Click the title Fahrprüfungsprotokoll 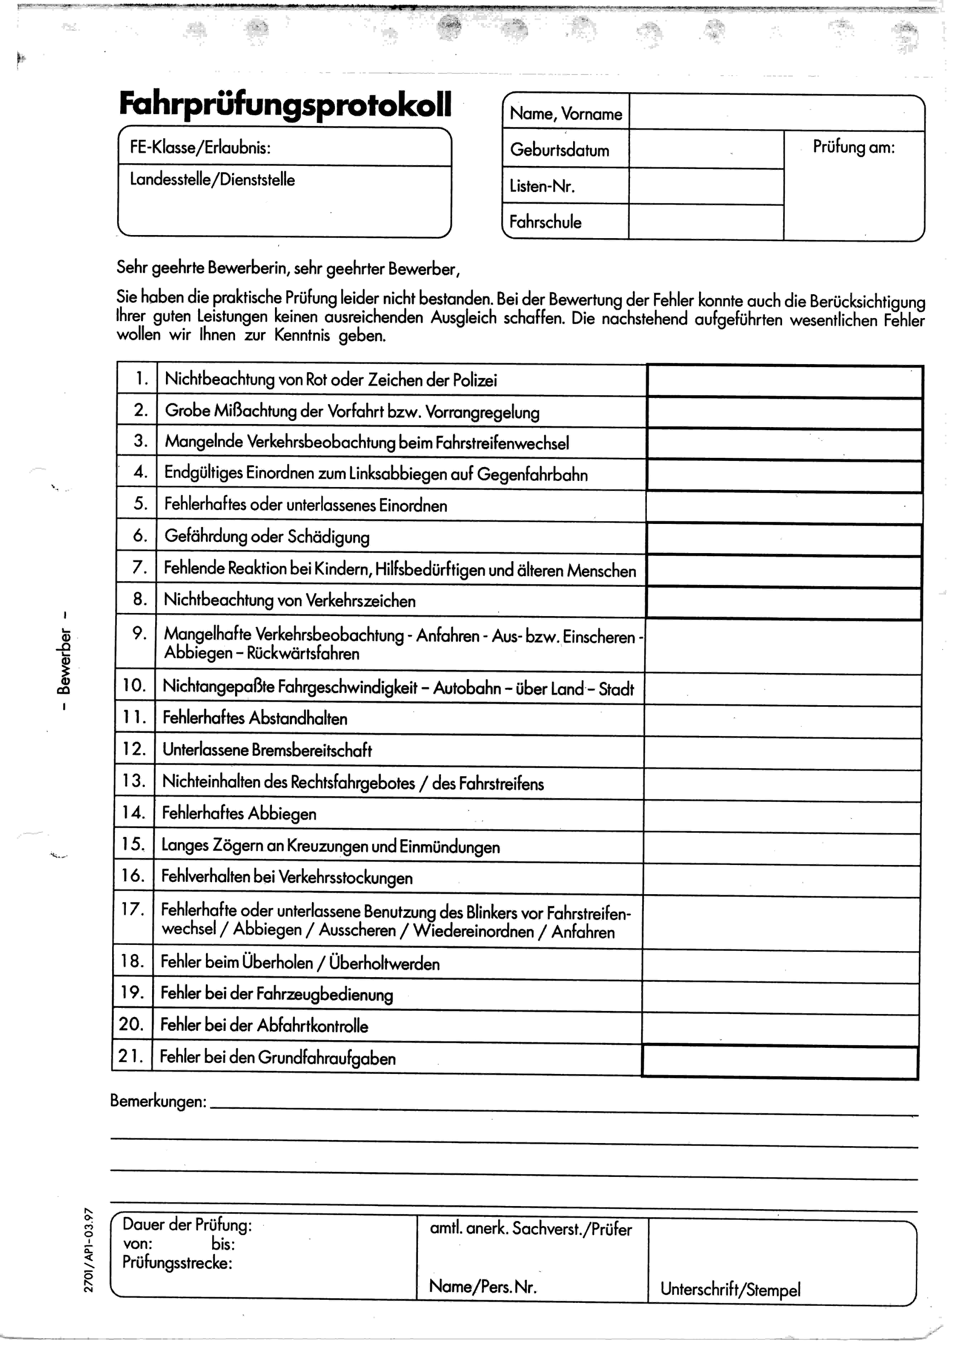tap(285, 104)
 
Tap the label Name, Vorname tap(565, 113)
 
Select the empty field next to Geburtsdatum tap(706, 150)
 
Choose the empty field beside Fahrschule tap(706, 222)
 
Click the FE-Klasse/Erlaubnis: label tap(200, 147)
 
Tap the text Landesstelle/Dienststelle tap(213, 180)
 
